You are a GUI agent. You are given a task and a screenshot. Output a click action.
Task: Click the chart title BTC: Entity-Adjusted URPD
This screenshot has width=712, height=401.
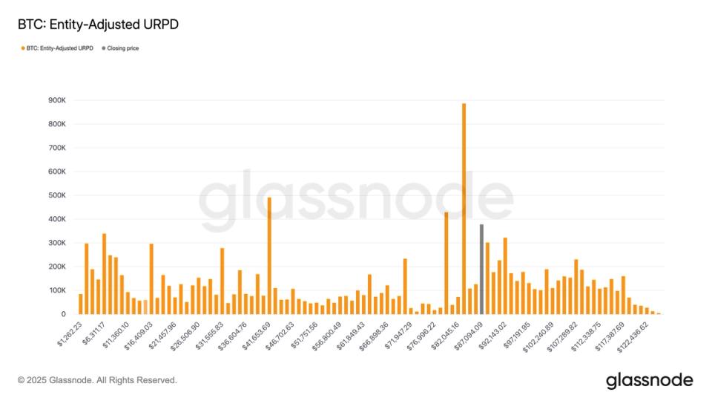(x=98, y=25)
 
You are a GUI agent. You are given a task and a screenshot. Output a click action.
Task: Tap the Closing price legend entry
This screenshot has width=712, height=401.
(x=120, y=48)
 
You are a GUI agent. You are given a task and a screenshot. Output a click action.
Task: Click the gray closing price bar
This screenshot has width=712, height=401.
(x=481, y=269)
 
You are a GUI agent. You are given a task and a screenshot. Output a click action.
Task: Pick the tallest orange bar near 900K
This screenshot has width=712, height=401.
(x=464, y=209)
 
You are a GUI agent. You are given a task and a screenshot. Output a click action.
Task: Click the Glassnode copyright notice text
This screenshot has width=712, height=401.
(x=97, y=380)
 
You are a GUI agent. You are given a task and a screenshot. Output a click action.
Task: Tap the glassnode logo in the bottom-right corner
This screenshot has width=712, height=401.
(x=649, y=380)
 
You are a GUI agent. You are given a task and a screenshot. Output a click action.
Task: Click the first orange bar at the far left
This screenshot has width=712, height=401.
(x=81, y=304)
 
